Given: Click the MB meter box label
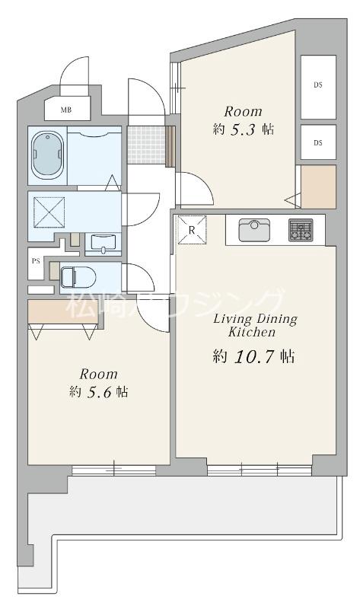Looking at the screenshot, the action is coord(66,110).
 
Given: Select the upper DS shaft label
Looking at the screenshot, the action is coord(318,84).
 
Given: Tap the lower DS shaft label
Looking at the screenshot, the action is coord(318,142).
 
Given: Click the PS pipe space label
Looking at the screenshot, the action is coord(36,261).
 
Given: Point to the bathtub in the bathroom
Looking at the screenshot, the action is coord(47,156).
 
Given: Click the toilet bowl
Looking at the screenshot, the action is coord(78,277).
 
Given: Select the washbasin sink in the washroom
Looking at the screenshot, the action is coord(103,244).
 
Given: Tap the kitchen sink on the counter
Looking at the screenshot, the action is coord(254,230).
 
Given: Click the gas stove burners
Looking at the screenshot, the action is coord(301,230).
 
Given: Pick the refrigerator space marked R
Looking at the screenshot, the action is coord(192,230).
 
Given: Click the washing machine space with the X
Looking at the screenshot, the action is coord(49,212).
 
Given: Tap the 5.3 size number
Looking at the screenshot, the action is coord(243,129).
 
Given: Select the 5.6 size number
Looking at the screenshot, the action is coord(100,392).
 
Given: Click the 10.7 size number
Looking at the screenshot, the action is coord(254,356).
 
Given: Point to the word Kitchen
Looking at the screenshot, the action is coord(252,332).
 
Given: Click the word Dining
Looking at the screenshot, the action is coord(276,320).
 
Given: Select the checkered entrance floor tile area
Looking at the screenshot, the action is coord(147,145).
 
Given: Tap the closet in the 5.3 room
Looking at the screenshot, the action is coord(318,187).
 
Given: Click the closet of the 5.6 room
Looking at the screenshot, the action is coord(63,311).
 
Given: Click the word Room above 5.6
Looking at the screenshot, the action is coord(99,374).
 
